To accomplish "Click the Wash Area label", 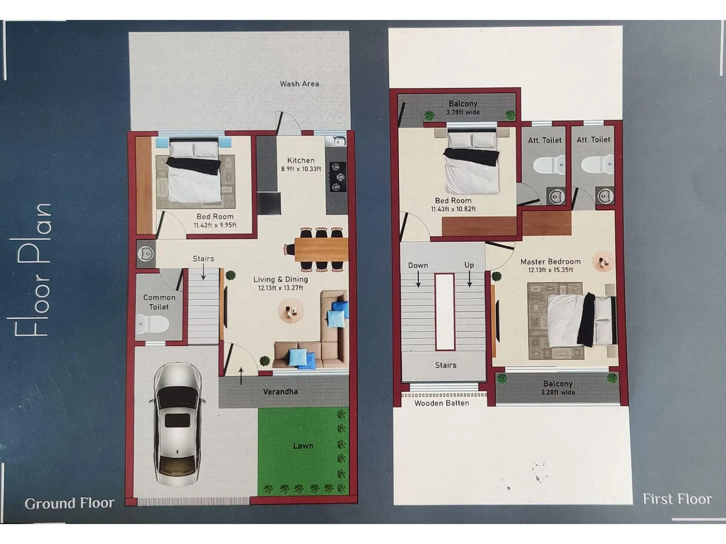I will [299, 84].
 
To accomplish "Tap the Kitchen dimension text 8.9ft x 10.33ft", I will [301, 169].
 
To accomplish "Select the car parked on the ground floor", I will [177, 424].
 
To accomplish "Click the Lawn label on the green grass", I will [303, 446].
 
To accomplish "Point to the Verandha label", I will [280, 392].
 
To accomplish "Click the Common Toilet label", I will [159, 302].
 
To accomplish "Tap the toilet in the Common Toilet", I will [153, 324].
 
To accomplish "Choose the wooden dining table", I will [321, 249].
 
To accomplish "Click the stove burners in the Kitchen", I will [336, 177].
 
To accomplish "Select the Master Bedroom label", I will [550, 262].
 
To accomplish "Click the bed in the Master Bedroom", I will [581, 320].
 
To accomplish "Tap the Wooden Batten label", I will [441, 403].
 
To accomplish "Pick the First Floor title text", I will [677, 499].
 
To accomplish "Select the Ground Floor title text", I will [69, 503].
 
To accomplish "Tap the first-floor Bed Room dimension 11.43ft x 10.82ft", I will [453, 209].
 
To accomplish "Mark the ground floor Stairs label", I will [203, 258].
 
